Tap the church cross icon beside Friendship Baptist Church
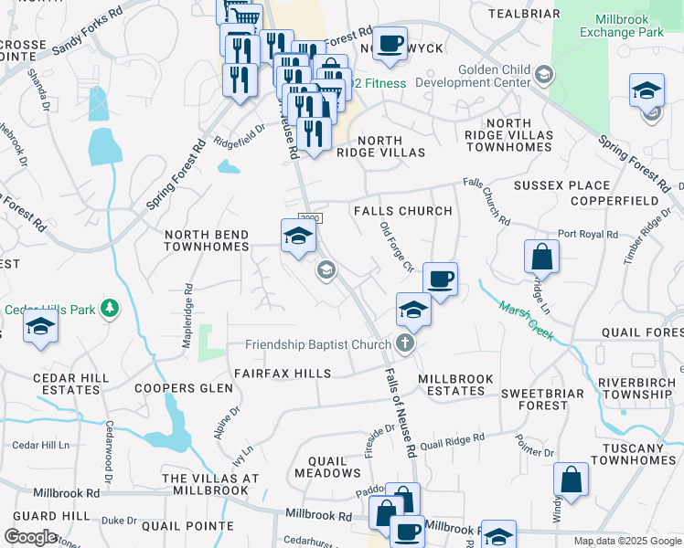click(406, 344)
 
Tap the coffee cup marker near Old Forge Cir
click(440, 279)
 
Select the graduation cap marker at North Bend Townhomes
click(298, 237)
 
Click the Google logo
click(30, 537)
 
